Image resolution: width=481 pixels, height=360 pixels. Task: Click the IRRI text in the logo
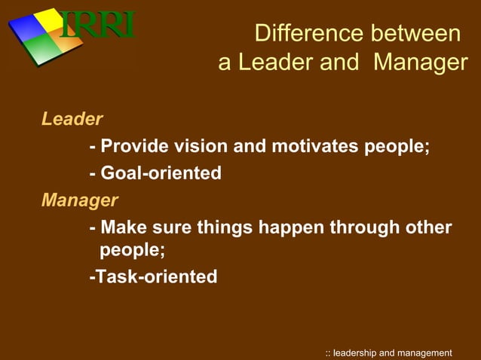(x=97, y=26)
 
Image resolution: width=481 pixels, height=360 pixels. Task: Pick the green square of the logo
(x=40, y=51)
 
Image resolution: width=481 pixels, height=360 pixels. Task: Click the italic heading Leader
(x=72, y=119)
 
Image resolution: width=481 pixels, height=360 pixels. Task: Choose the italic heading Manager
(x=79, y=200)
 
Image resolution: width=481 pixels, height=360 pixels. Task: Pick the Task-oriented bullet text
(x=153, y=277)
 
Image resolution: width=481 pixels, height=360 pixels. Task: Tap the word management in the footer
(x=426, y=352)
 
